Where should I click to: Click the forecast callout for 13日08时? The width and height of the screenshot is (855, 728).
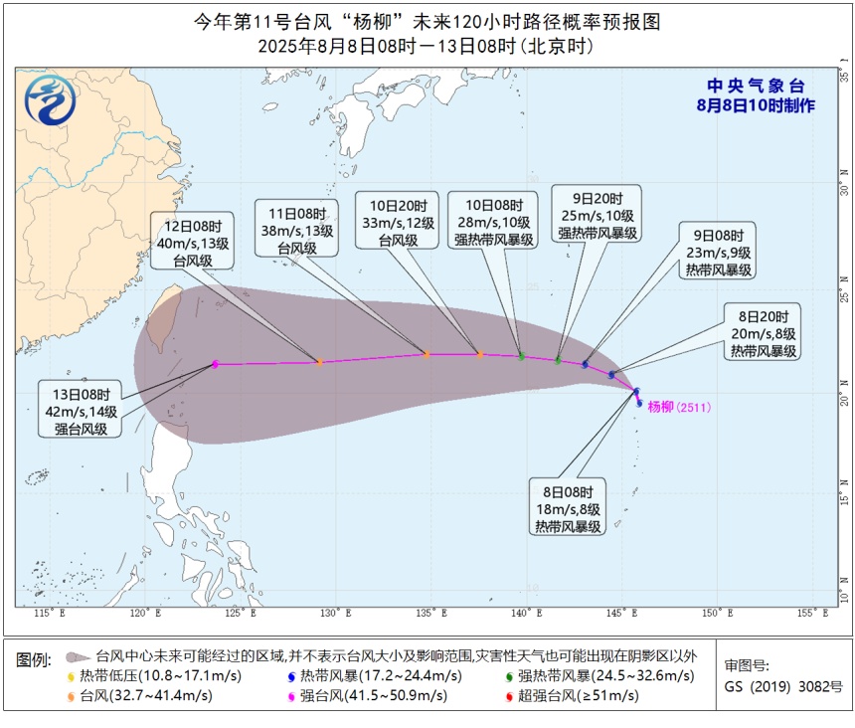[82, 408]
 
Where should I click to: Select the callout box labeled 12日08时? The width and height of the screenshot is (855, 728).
[192, 240]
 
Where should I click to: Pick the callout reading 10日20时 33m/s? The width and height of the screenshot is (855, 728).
[397, 220]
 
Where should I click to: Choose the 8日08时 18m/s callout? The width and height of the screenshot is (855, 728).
[567, 509]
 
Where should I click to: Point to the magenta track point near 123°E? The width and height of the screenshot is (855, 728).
[215, 364]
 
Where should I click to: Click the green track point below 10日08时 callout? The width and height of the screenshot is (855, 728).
[521, 356]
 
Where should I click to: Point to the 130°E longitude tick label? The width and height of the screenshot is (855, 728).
[331, 613]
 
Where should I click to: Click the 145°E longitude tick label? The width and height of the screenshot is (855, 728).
[618, 613]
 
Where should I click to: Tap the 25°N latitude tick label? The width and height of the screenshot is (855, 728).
[844, 295]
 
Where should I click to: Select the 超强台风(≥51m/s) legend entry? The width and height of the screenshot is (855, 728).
[578, 695]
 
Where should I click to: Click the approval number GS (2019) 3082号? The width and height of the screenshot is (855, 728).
[783, 686]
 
